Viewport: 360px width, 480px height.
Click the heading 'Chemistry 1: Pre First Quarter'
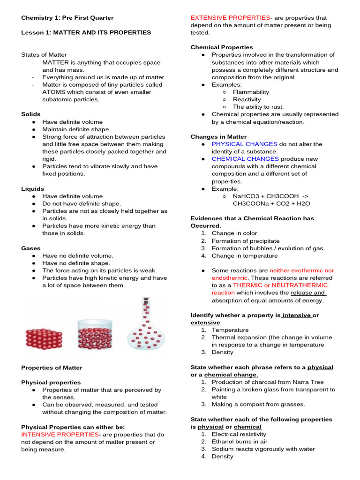click(67, 18)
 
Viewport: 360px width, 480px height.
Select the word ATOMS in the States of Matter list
click(53, 92)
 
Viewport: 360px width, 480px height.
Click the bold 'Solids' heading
click(31, 114)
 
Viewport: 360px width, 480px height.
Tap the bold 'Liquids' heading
click(32, 188)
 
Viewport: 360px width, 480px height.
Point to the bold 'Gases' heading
click(31, 248)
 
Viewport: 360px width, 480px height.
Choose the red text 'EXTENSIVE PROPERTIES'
click(230, 18)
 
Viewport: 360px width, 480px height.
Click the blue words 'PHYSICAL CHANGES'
click(244, 144)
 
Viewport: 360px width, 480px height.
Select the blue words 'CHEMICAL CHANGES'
click(245, 159)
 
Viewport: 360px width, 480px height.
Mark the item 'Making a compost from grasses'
click(258, 404)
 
